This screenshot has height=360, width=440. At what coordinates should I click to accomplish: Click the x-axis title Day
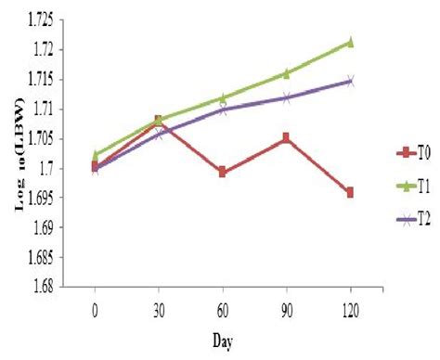coord(222,341)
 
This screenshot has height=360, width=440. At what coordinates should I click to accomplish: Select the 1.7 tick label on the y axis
coord(46,168)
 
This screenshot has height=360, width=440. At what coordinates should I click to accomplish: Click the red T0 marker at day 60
coord(223,173)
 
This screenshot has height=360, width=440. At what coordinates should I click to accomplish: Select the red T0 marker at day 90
coord(286,138)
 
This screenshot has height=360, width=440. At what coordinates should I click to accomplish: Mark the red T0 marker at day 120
coord(350,192)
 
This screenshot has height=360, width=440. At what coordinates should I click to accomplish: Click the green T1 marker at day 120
coord(350,42)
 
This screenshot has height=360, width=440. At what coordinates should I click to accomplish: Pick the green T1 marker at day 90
coord(286,73)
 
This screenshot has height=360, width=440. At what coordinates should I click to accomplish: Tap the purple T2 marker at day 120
coord(350,81)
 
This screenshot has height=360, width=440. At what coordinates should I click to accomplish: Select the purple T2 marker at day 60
coord(223,109)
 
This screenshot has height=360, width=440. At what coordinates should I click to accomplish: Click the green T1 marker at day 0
coord(96,155)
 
